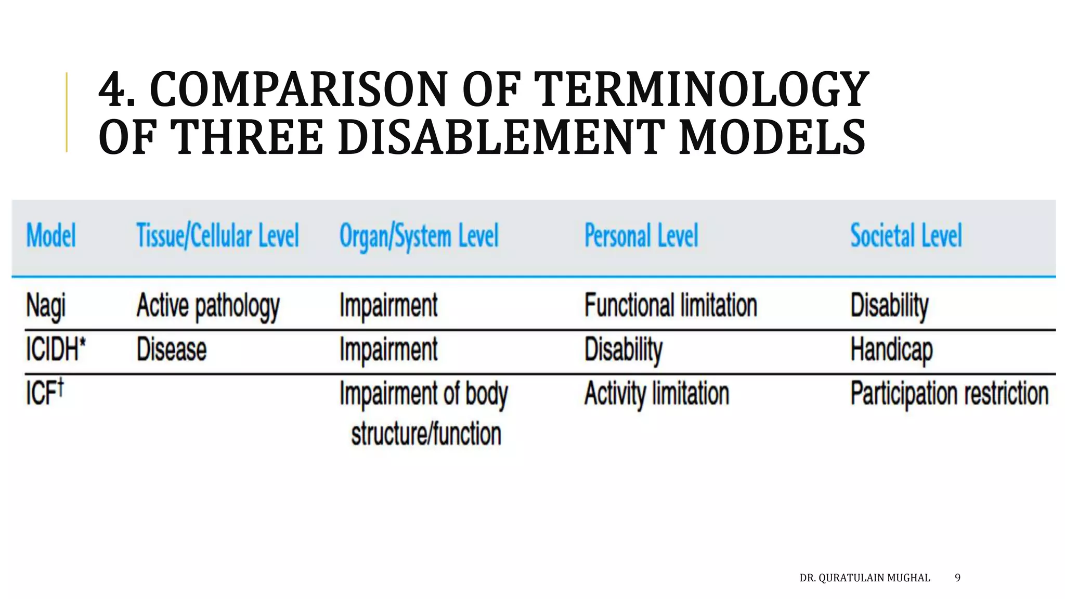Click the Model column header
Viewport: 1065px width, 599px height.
click(x=51, y=236)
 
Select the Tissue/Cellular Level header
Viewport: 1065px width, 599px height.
click(x=217, y=236)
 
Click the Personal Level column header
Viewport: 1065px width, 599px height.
click(x=641, y=236)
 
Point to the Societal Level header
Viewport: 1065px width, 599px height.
click(x=906, y=236)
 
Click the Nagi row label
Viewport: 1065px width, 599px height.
click(x=46, y=306)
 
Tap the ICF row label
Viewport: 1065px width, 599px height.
click(x=45, y=393)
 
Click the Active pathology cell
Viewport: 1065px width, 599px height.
click(x=208, y=306)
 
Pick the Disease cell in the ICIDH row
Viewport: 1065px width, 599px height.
click(x=172, y=349)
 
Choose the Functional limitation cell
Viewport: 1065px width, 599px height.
click(x=670, y=305)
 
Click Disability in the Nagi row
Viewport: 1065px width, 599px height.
click(x=889, y=306)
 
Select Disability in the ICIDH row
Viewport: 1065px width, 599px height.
click(x=624, y=349)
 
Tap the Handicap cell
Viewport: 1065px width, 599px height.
click(x=891, y=349)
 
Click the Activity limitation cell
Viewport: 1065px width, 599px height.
click(x=657, y=394)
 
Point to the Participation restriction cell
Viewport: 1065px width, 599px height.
click(x=949, y=394)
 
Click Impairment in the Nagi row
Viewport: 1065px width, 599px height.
click(x=388, y=305)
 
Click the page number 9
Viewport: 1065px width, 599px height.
click(x=957, y=578)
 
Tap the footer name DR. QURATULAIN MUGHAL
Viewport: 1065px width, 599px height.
click(x=864, y=578)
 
